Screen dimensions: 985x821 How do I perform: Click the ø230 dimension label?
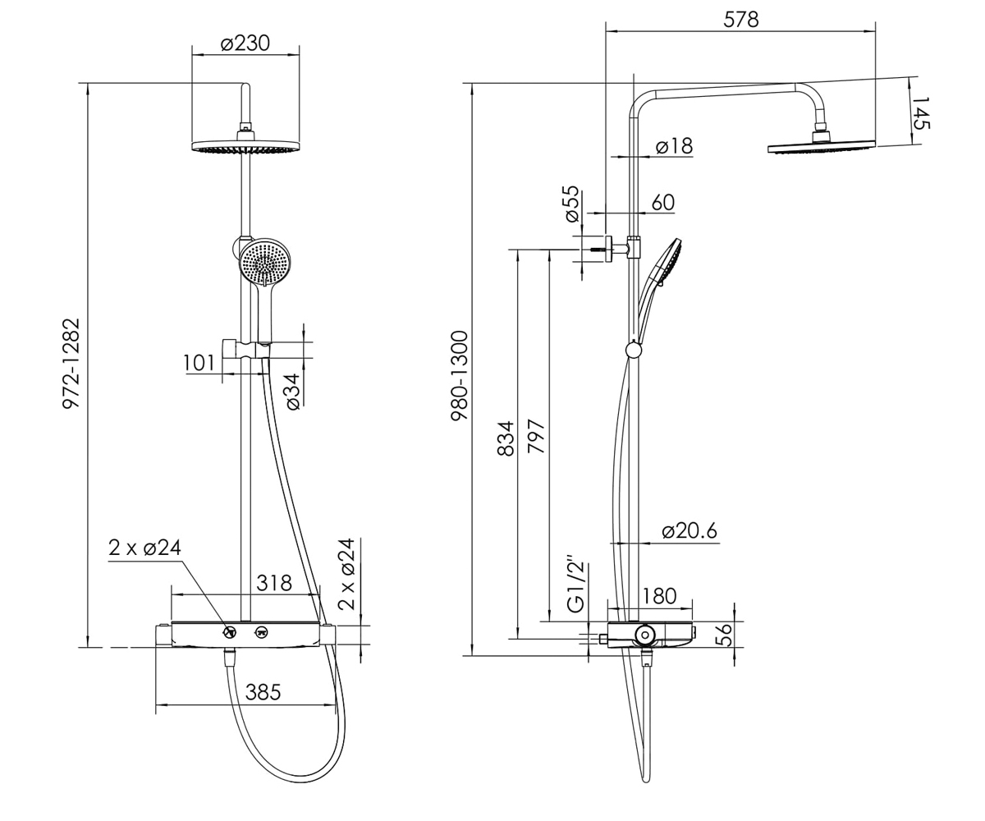[x=245, y=44]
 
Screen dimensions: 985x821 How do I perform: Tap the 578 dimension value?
[x=741, y=20]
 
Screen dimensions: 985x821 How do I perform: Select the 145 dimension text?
[x=921, y=112]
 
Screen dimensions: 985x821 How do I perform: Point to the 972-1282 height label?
[x=72, y=364]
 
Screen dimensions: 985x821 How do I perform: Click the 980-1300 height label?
[x=460, y=375]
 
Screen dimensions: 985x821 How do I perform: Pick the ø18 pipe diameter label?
[x=675, y=146]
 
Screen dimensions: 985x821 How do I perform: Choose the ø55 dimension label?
[x=571, y=204]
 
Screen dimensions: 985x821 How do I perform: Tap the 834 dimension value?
[x=506, y=438]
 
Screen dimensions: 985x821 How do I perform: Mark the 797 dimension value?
[x=536, y=436]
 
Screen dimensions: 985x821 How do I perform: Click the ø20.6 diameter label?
[x=689, y=531]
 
